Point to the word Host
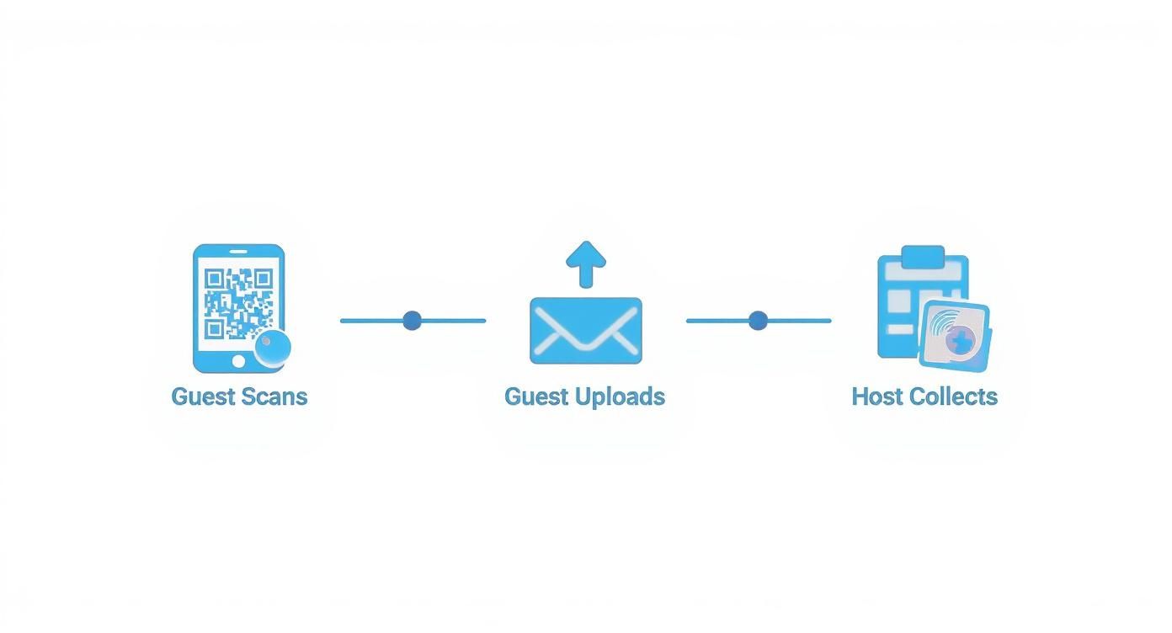click(877, 396)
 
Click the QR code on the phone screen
click(239, 303)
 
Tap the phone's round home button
click(238, 361)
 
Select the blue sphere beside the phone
click(273, 347)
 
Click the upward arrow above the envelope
click(586, 263)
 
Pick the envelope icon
click(586, 331)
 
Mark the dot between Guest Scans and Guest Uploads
click(412, 321)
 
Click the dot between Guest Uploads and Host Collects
click(758, 321)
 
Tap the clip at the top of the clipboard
click(923, 256)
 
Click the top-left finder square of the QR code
click(214, 278)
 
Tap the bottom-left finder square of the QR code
click(214, 328)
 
